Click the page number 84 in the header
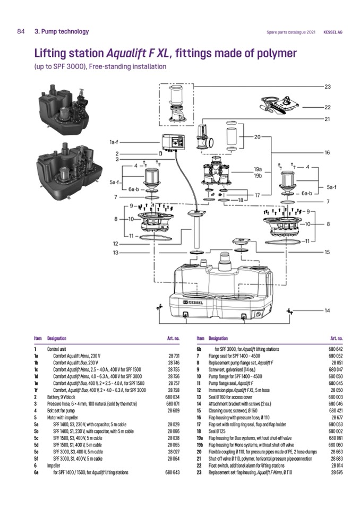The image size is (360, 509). point(21,31)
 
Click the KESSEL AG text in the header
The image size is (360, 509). point(333,32)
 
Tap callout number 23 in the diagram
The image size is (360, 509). point(327,87)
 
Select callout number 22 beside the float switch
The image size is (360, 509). point(327,107)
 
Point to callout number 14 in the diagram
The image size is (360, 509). point(327,310)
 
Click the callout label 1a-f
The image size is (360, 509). point(114,142)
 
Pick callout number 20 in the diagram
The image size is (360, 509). point(258,137)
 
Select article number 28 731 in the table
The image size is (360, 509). point(174,355)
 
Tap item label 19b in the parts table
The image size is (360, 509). point(200,445)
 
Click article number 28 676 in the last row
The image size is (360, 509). point(336,472)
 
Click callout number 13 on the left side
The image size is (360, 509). point(115,252)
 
